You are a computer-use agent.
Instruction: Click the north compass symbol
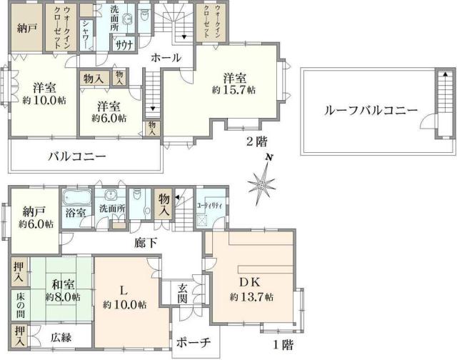265,179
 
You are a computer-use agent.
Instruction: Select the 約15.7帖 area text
233,91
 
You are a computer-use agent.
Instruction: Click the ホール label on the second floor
166,58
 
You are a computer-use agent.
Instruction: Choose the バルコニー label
77,155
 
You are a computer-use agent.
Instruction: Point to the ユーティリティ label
211,206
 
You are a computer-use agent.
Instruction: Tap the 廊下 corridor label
144,243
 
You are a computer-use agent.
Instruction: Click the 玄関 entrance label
183,293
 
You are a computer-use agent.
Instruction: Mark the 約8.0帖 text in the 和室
63,296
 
